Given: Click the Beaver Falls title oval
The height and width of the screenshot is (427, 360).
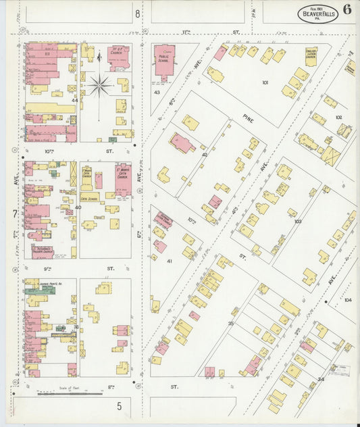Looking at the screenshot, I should click(317, 13).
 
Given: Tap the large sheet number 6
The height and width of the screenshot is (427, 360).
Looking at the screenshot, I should click(346, 9).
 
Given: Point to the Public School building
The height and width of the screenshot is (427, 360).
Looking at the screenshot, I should click(164, 59).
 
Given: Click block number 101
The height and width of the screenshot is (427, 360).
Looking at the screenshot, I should click(265, 82).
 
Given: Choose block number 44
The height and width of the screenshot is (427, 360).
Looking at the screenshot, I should click(75, 101).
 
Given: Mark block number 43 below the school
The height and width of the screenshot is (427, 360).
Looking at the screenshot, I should click(157, 92).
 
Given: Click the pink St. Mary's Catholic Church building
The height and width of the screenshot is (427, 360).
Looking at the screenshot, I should click(123, 179).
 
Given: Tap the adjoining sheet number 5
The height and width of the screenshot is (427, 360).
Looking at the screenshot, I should click(118, 406).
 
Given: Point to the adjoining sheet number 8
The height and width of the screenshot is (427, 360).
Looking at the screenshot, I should click(137, 13).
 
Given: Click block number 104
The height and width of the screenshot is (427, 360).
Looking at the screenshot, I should click(347, 299).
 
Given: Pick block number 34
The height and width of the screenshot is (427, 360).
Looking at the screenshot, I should click(320, 379).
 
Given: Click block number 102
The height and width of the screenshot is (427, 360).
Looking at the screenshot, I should click(338, 118).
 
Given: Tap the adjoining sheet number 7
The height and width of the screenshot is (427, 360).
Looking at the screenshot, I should click(14, 214).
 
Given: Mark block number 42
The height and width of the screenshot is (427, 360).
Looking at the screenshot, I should click(204, 155).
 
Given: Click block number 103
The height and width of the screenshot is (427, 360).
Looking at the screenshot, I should click(297, 220).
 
